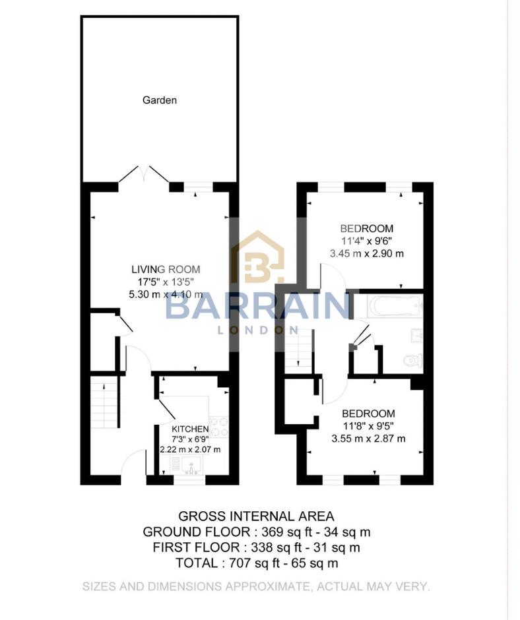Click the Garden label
(160, 101)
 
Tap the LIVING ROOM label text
(165, 269)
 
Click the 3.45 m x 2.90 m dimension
(368, 253)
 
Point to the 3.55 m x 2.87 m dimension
(368, 437)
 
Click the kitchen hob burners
(218, 427)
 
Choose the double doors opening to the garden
(144, 174)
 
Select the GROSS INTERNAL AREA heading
(257, 516)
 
